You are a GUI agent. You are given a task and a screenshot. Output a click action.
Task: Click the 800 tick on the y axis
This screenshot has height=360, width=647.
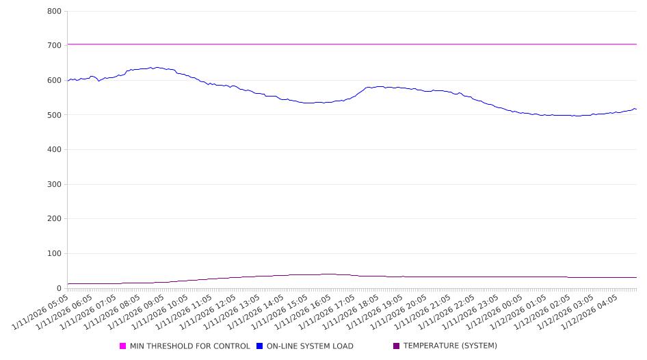pyautogui.click(x=55, y=12)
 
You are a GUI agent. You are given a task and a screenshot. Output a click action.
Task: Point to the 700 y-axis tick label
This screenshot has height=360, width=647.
pyautogui.click(x=55, y=45)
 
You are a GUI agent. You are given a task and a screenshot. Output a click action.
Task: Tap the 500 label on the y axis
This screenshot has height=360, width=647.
pyautogui.click(x=55, y=115)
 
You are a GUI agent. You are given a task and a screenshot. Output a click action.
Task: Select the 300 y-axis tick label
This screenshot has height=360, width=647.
pyautogui.click(x=55, y=185)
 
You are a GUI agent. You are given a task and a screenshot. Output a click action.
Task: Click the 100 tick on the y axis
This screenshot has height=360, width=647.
pyautogui.click(x=55, y=254)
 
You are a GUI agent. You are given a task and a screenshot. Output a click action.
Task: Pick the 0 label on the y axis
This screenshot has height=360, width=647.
pyautogui.click(x=59, y=289)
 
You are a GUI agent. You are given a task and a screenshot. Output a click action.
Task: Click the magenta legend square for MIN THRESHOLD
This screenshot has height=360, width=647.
pyautogui.click(x=123, y=346)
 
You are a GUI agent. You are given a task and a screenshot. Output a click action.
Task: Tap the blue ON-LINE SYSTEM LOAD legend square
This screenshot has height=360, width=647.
pyautogui.click(x=260, y=346)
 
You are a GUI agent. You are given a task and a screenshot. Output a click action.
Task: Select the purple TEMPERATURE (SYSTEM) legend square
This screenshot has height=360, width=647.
pyautogui.click(x=397, y=346)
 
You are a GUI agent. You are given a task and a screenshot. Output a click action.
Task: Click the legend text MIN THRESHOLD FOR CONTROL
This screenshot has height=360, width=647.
pyautogui.click(x=189, y=346)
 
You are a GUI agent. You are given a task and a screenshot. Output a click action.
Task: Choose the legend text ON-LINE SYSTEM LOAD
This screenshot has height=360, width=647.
pyautogui.click(x=310, y=346)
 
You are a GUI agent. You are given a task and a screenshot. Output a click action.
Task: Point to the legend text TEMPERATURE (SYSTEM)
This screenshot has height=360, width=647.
pyautogui.click(x=450, y=346)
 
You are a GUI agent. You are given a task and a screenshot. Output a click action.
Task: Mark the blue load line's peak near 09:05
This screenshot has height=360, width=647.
pyautogui.click(x=157, y=67)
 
